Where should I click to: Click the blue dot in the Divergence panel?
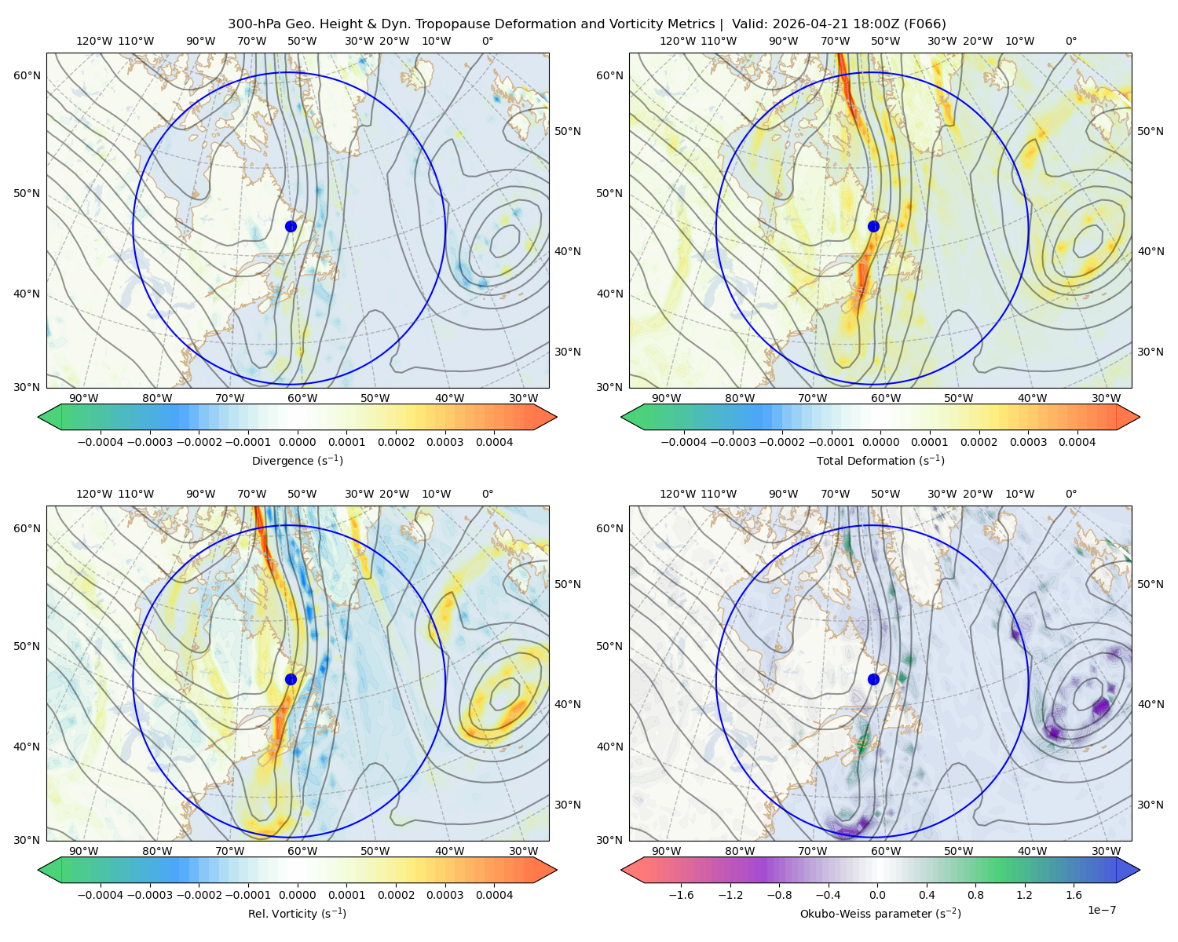coord(291,227)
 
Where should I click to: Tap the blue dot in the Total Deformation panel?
coord(873,227)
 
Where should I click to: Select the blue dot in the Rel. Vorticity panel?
coord(291,679)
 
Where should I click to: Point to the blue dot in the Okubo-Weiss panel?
coord(873,679)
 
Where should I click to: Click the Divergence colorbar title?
coord(297,460)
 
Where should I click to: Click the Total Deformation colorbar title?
coord(880,460)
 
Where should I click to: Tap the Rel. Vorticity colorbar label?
coord(297,914)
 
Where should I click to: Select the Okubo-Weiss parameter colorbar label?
coord(880,914)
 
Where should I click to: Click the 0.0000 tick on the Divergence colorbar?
coord(297,442)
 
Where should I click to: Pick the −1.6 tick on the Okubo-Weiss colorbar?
coord(681,895)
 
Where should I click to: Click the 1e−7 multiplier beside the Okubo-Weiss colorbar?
coord(1101,910)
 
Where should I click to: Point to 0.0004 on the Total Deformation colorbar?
coord(1077,442)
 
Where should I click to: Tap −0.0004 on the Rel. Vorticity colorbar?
coord(101,895)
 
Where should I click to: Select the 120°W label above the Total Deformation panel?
coord(677,41)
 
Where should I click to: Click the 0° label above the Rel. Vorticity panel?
coord(488,494)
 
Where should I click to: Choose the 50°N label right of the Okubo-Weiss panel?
coord(1150,584)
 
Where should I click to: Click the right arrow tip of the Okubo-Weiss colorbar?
coord(1140,870)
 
